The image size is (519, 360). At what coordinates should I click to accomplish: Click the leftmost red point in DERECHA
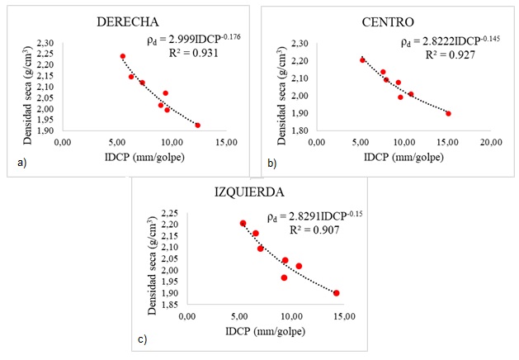tap(122, 56)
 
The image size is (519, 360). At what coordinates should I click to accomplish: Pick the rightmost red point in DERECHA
tap(198, 125)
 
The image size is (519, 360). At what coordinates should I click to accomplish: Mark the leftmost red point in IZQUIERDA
tap(243, 223)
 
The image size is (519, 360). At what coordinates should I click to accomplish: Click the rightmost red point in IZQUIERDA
tap(337, 292)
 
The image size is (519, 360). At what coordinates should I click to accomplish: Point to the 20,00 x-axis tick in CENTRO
tap(492, 143)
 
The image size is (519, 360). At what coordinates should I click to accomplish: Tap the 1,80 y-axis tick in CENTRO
tap(300, 130)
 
